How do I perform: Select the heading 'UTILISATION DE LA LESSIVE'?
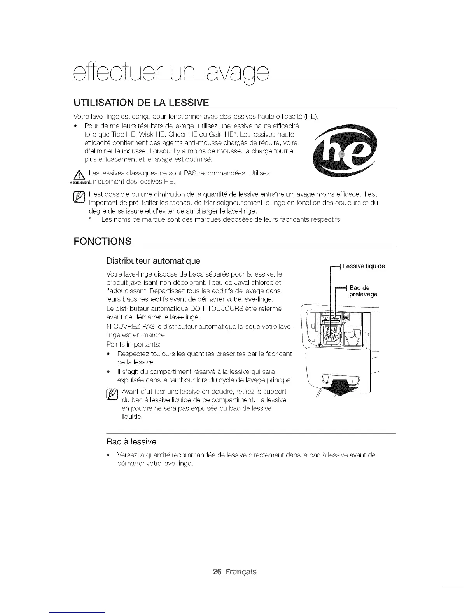click(142, 103)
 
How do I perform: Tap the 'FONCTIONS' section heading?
click(102, 241)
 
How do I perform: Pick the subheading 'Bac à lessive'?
click(131, 442)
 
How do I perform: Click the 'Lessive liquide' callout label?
click(364, 266)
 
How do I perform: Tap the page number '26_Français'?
click(234, 572)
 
